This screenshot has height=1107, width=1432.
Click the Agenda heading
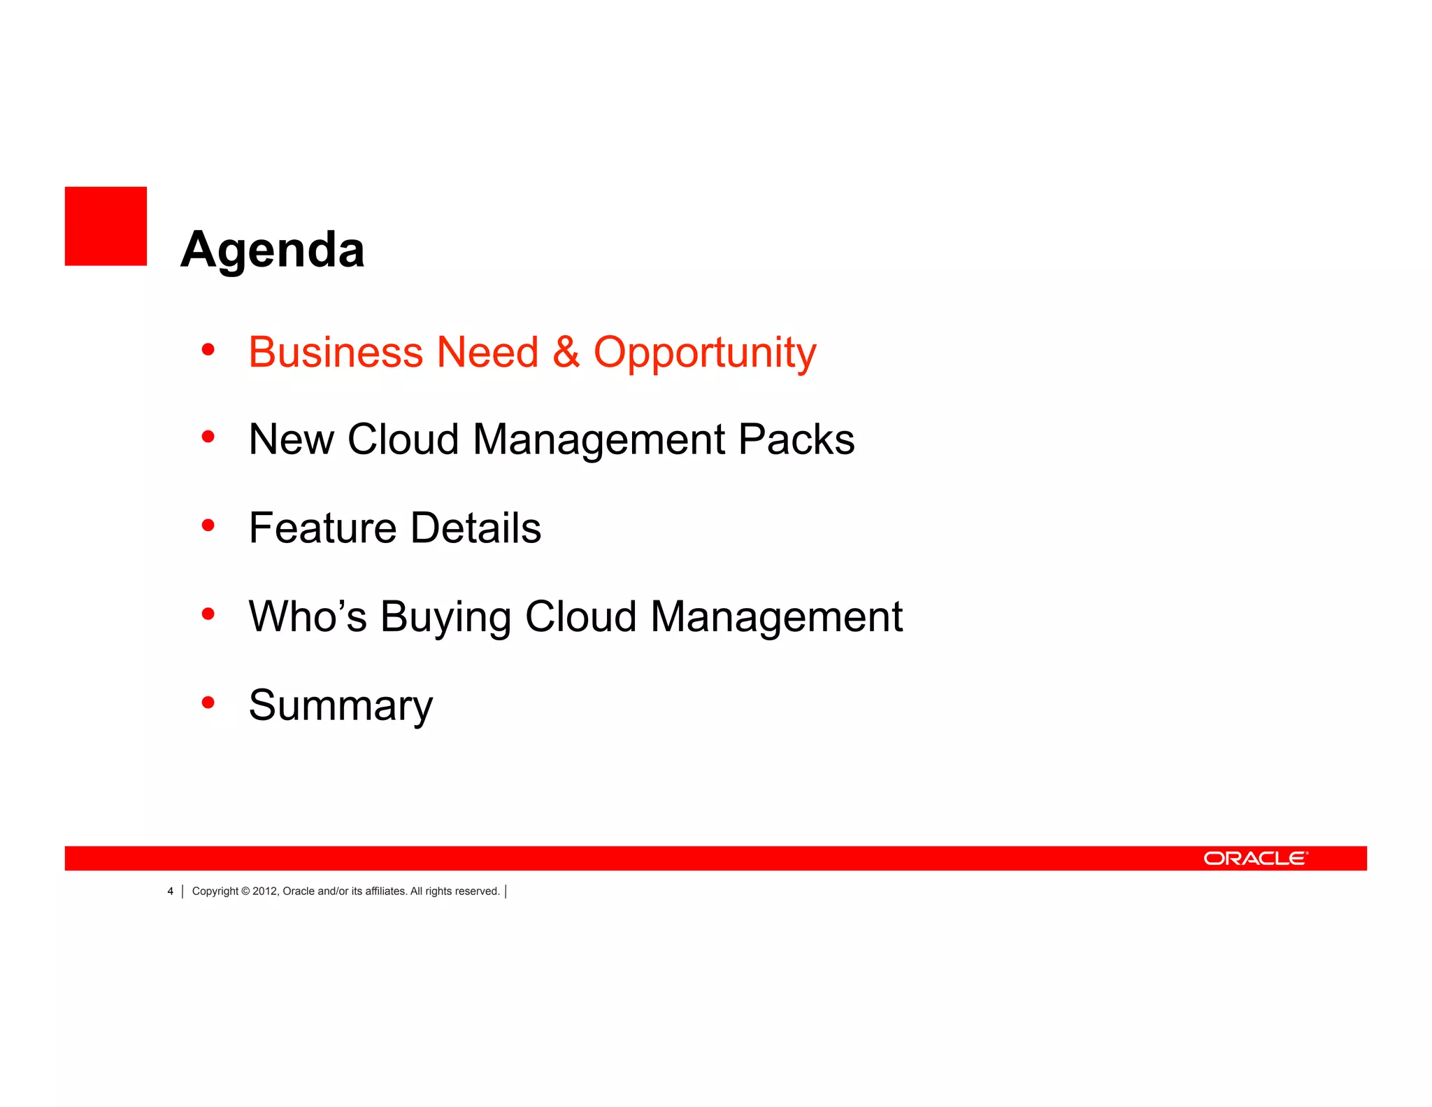pos(272,250)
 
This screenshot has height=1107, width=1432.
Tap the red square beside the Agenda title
pos(106,226)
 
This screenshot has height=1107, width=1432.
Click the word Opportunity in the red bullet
pos(705,352)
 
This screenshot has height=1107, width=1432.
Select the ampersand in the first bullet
pos(566,352)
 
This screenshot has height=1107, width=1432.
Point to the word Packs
pos(796,439)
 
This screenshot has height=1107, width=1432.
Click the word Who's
pos(308,616)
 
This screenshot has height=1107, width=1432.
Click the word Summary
pos(341,705)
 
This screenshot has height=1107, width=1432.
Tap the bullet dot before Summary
pos(208,702)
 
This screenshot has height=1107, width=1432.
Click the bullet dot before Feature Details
pos(208,525)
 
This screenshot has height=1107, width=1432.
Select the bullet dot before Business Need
pos(208,348)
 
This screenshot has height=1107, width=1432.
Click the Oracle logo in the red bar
pos(1255,859)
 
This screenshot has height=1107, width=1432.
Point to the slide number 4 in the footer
pos(170,891)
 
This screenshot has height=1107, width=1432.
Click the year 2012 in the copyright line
pos(265,891)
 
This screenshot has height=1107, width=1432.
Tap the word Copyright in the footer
pos(215,891)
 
